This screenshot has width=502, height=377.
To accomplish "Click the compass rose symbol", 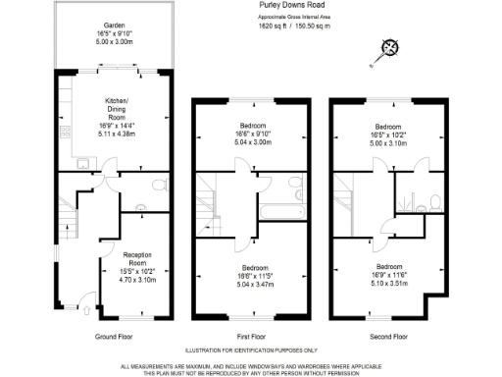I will [392, 46].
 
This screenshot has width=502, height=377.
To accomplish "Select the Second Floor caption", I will [388, 336].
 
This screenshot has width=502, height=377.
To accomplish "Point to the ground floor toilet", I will [140, 206].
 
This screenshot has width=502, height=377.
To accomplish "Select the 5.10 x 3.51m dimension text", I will [388, 282].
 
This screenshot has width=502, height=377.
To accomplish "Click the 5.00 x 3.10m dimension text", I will [388, 142].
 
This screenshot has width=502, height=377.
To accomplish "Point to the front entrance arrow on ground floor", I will [89, 311].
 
